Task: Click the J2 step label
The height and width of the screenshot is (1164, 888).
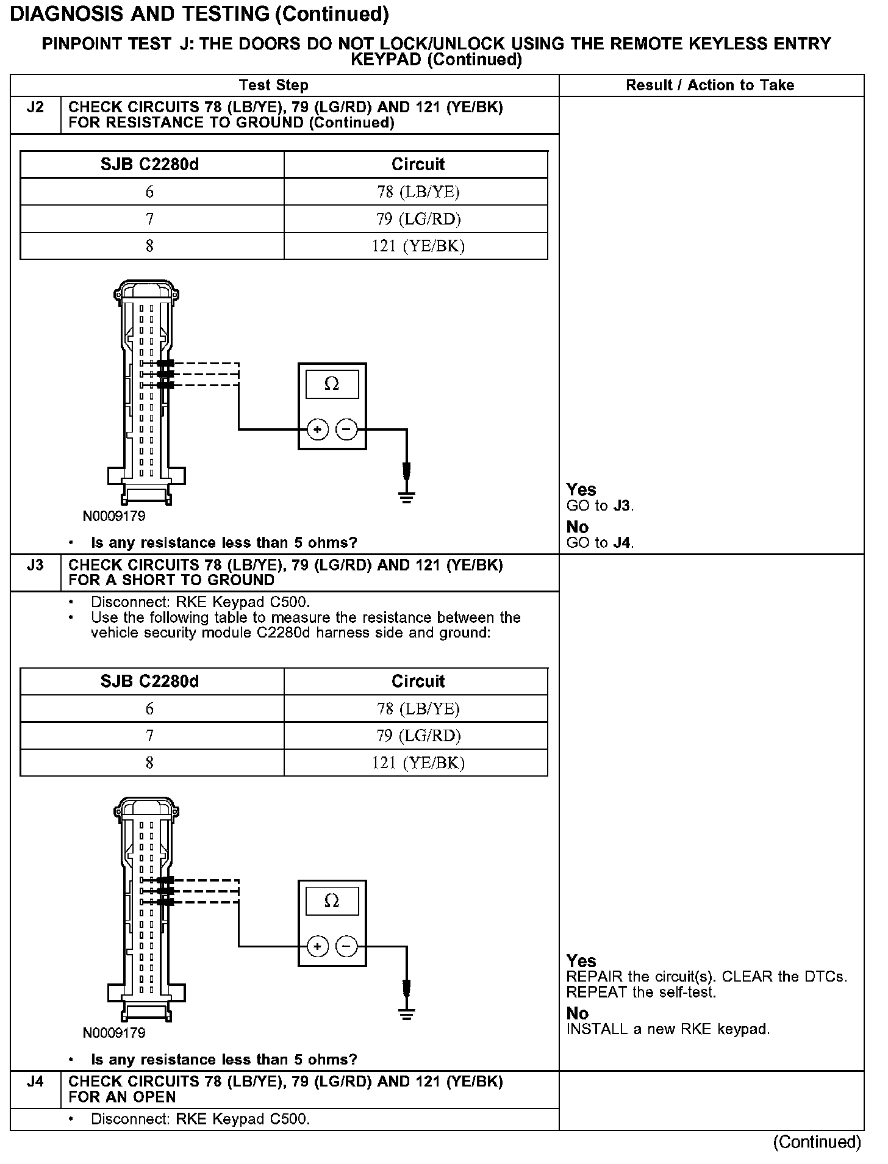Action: point(35,107)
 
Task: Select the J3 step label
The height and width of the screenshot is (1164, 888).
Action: point(35,565)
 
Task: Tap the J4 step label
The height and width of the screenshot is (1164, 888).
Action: point(35,1082)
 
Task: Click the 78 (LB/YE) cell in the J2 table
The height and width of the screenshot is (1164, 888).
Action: point(418,192)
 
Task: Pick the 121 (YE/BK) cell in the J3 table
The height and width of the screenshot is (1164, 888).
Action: point(418,763)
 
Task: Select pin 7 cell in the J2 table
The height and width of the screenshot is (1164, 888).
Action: point(150,219)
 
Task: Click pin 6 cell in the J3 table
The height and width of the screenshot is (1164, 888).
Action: point(150,709)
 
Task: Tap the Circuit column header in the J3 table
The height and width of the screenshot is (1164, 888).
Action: point(418,681)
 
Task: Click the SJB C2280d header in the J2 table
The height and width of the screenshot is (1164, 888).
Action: point(150,165)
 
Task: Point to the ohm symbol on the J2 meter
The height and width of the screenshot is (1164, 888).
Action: point(332,384)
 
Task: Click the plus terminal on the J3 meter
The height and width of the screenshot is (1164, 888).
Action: point(317,946)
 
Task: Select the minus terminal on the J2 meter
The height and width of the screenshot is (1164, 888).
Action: point(346,429)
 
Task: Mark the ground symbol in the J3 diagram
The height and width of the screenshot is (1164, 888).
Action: point(407,1015)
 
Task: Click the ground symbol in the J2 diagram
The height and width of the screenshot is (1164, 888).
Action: point(407,497)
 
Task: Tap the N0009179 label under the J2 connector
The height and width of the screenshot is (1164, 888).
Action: point(114,516)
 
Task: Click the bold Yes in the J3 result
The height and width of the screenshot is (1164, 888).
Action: point(581,961)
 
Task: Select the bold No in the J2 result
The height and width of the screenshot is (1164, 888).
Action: point(578,527)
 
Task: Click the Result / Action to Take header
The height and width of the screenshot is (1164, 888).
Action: point(710,85)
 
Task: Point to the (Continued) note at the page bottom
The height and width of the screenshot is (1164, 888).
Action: point(817,1142)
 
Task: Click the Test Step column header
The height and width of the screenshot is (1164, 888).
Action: point(274,85)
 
